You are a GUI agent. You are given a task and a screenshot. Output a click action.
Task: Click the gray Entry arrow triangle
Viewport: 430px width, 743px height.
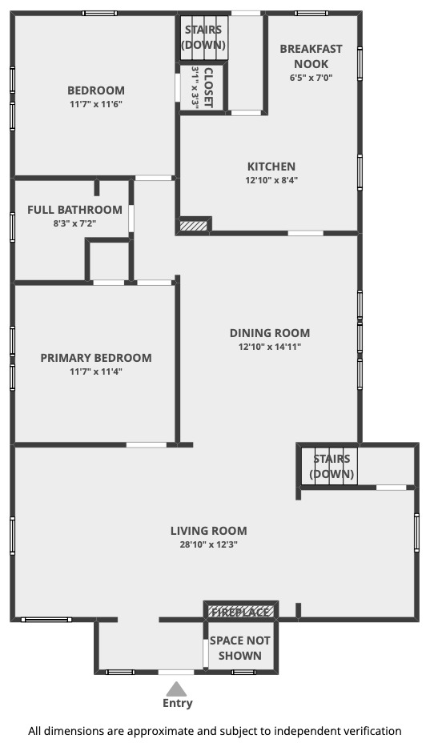tap(177, 689)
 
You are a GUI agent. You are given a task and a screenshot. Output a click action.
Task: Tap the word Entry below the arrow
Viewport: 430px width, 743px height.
tap(177, 703)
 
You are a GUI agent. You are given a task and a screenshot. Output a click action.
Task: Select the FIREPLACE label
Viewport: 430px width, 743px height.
tap(240, 612)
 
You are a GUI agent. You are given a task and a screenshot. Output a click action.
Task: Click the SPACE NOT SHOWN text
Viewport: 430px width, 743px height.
tap(240, 649)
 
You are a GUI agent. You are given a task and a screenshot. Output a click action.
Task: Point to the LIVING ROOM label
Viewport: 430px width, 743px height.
tap(209, 531)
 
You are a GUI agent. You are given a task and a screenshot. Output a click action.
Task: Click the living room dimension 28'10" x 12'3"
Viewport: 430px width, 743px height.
tap(209, 544)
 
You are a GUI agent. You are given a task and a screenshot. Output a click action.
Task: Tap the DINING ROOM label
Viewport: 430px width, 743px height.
tap(270, 333)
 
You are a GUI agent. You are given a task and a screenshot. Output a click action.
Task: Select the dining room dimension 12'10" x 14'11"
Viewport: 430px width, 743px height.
tap(270, 347)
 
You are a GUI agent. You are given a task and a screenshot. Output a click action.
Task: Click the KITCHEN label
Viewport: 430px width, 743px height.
tap(271, 167)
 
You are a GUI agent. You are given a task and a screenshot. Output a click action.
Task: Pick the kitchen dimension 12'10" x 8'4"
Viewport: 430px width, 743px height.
tap(271, 180)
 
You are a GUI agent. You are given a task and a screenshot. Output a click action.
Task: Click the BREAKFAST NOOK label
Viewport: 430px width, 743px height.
tap(311, 56)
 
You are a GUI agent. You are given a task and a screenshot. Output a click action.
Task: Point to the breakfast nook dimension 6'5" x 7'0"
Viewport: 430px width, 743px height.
tap(311, 77)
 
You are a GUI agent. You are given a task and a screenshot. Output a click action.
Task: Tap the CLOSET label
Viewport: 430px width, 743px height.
tap(208, 87)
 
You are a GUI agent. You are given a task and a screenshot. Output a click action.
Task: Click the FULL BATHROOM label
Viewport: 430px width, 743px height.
tap(74, 210)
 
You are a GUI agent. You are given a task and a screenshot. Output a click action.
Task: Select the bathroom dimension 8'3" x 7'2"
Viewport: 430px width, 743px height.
tap(74, 223)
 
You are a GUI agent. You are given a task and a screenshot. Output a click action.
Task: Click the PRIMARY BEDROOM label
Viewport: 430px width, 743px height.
tap(96, 358)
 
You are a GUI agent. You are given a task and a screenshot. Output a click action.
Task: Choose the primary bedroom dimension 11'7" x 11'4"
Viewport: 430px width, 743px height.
tap(96, 371)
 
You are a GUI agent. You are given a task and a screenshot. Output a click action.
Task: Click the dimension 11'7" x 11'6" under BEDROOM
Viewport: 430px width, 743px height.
tap(96, 104)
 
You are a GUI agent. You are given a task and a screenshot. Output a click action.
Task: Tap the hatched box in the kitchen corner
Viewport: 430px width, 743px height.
tap(195, 225)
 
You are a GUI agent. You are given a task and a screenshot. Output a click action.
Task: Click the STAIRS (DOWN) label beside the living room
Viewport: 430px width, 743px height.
tap(332, 466)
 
